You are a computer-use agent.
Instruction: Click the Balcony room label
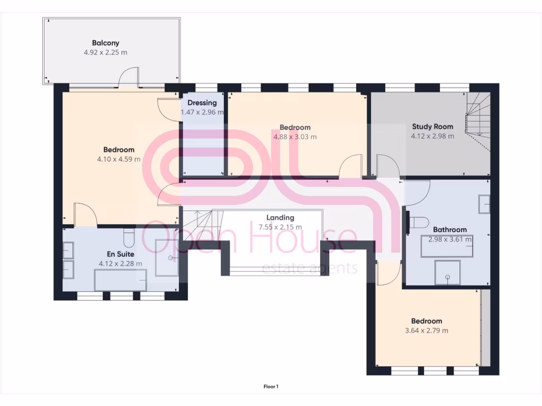[105, 43]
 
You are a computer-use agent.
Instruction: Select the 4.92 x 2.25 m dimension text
[105, 52]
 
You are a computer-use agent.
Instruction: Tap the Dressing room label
[202, 103]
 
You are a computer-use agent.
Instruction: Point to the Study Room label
[432, 126]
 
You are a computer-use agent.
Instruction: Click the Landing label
[280, 217]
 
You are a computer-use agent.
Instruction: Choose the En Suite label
[120, 254]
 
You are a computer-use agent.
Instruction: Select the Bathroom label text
[450, 229]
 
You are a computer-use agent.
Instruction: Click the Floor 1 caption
[270, 386]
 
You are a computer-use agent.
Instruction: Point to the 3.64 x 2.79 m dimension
[427, 330]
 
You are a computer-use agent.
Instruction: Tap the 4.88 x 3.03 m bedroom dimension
[295, 137]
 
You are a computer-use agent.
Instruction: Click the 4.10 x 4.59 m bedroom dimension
[119, 159]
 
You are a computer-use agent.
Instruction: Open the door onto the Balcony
[129, 78]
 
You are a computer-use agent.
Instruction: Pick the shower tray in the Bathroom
[448, 272]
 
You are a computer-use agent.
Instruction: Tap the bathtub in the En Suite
[120, 280]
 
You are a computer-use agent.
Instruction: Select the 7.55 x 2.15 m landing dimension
[280, 227]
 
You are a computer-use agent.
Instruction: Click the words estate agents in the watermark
[310, 268]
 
